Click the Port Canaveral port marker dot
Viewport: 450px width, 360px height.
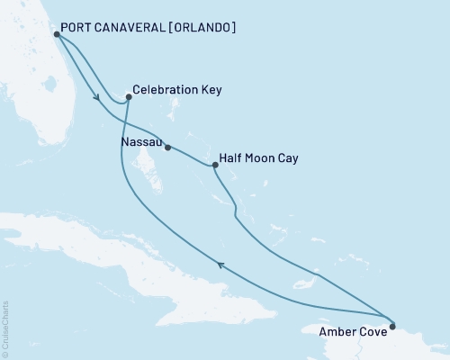[57, 34]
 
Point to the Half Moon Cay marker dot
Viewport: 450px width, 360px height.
[214, 166]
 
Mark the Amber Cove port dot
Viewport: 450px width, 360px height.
[392, 315]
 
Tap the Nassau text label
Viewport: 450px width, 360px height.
[140, 142]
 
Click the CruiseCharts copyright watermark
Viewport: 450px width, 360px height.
[5, 328]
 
